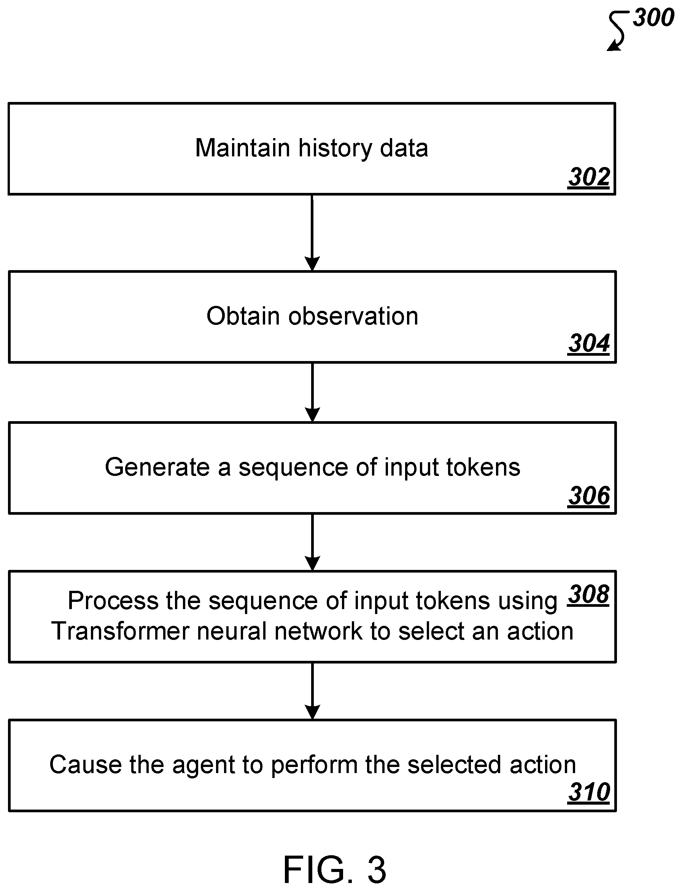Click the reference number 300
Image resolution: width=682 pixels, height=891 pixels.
pos(653,18)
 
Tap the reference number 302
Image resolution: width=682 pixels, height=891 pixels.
pos(589,177)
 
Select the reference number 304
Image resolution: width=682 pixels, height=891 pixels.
pos(589,344)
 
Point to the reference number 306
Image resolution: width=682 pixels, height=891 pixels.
pos(589,496)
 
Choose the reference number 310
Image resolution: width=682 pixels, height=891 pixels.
pos(589,792)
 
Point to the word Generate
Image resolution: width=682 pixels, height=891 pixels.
pos(157,467)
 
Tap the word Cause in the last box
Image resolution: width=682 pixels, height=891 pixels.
pos(85,765)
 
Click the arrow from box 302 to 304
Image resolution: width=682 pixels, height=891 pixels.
pos(312,233)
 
